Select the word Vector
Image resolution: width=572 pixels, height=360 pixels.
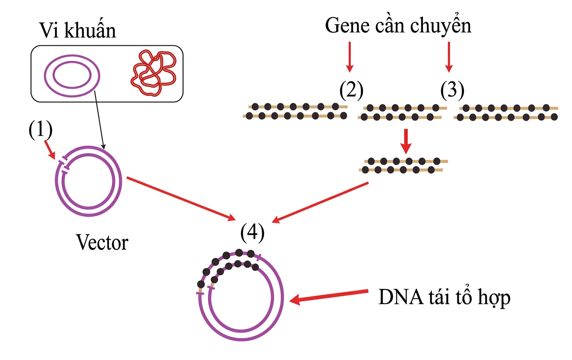(x=102, y=242)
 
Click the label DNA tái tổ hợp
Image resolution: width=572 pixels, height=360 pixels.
(x=444, y=298)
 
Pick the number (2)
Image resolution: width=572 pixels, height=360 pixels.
(x=351, y=90)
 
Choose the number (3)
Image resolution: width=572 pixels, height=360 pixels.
(x=452, y=90)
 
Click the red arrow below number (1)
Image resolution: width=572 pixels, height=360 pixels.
(x=50, y=150)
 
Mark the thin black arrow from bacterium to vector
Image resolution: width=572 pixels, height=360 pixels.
(x=99, y=119)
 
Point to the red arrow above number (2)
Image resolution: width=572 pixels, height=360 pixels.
(x=349, y=56)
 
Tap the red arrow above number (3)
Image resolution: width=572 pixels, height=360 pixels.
(x=449, y=56)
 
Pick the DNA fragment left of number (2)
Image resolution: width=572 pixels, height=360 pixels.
(x=295, y=112)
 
